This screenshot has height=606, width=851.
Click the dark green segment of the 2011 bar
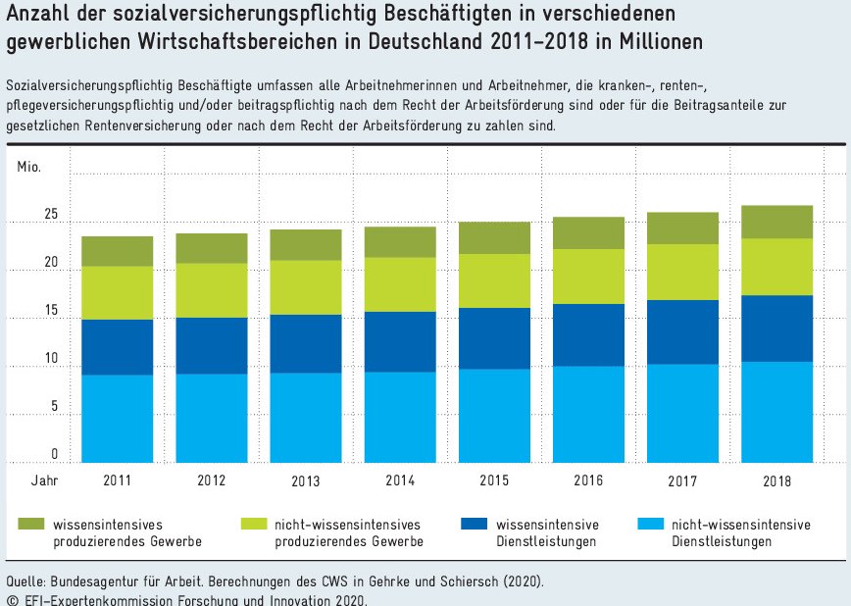[x=117, y=251]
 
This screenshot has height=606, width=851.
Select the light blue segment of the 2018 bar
[x=776, y=412]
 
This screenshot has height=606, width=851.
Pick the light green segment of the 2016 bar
[x=588, y=277]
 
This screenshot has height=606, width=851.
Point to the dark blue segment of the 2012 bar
[x=211, y=345]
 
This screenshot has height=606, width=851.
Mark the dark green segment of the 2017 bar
[x=682, y=228]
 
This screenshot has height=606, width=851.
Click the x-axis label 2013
[x=306, y=481]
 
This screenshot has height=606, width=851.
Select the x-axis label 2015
[x=495, y=480]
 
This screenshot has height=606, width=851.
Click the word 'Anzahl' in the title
[x=37, y=16]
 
